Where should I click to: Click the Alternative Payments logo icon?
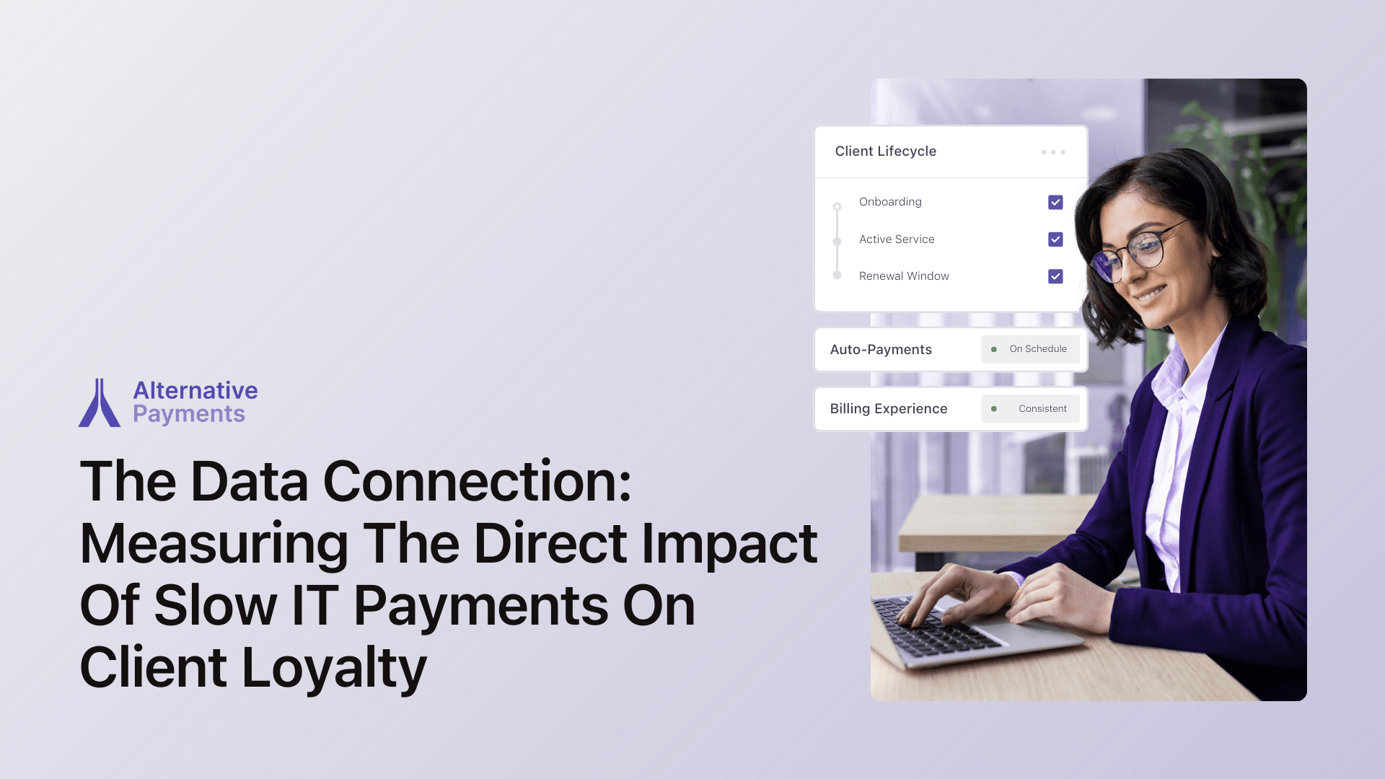point(100,402)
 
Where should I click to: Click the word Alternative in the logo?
point(195,390)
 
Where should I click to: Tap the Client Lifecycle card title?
point(886,151)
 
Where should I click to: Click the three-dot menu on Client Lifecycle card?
point(1053,152)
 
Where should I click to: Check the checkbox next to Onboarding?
point(1055,202)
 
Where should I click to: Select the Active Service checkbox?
point(1055,239)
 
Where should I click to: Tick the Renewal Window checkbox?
point(1055,276)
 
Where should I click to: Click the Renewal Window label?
point(904,276)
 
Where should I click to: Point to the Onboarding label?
point(890,202)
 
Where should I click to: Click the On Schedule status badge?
point(1030,349)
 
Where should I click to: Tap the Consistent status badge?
point(1030,409)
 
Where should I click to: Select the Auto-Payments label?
point(881,349)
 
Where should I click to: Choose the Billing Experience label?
point(889,409)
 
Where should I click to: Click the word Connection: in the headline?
point(477,481)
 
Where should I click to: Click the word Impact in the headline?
point(729,545)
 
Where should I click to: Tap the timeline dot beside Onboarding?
point(837,207)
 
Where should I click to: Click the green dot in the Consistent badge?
point(994,409)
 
